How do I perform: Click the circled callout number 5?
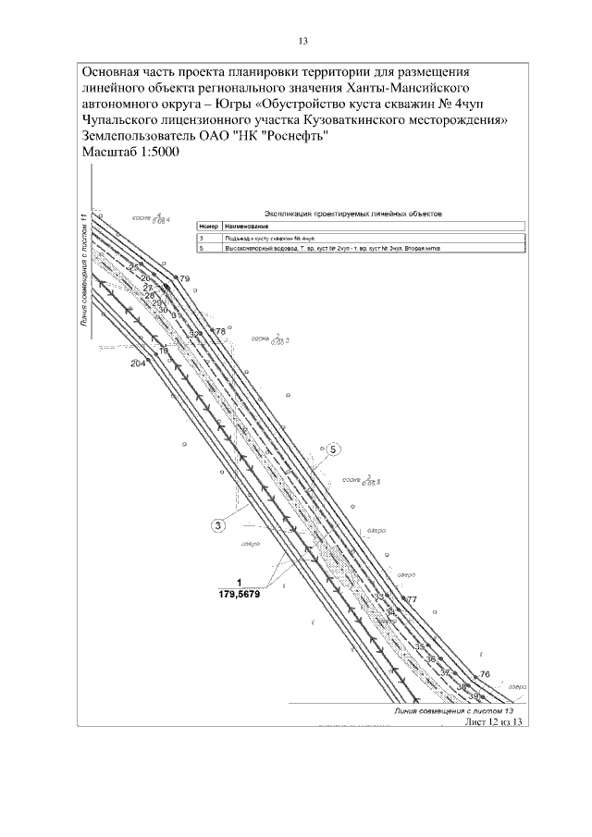[x=333, y=450]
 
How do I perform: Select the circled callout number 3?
[x=218, y=526]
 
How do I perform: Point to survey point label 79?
[x=184, y=278]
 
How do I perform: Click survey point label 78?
[x=220, y=330]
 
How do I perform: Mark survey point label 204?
[x=139, y=363]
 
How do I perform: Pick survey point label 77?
[x=412, y=600]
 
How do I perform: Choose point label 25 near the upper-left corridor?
[x=133, y=267]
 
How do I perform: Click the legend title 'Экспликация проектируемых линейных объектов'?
[x=352, y=213]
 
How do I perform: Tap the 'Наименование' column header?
[x=239, y=227]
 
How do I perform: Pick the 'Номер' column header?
[x=206, y=227]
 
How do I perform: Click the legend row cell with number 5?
[x=201, y=250]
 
